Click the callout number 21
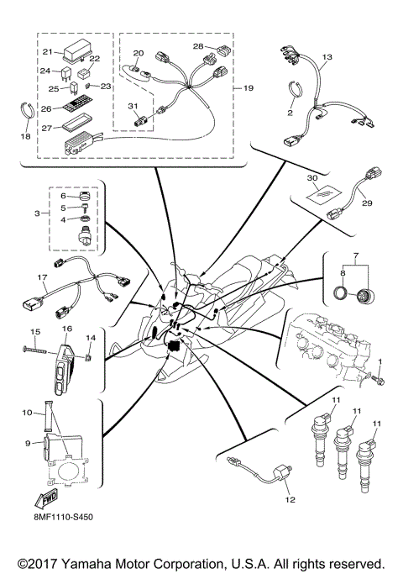click(47, 52)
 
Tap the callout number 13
click(327, 56)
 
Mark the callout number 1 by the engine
click(379, 362)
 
